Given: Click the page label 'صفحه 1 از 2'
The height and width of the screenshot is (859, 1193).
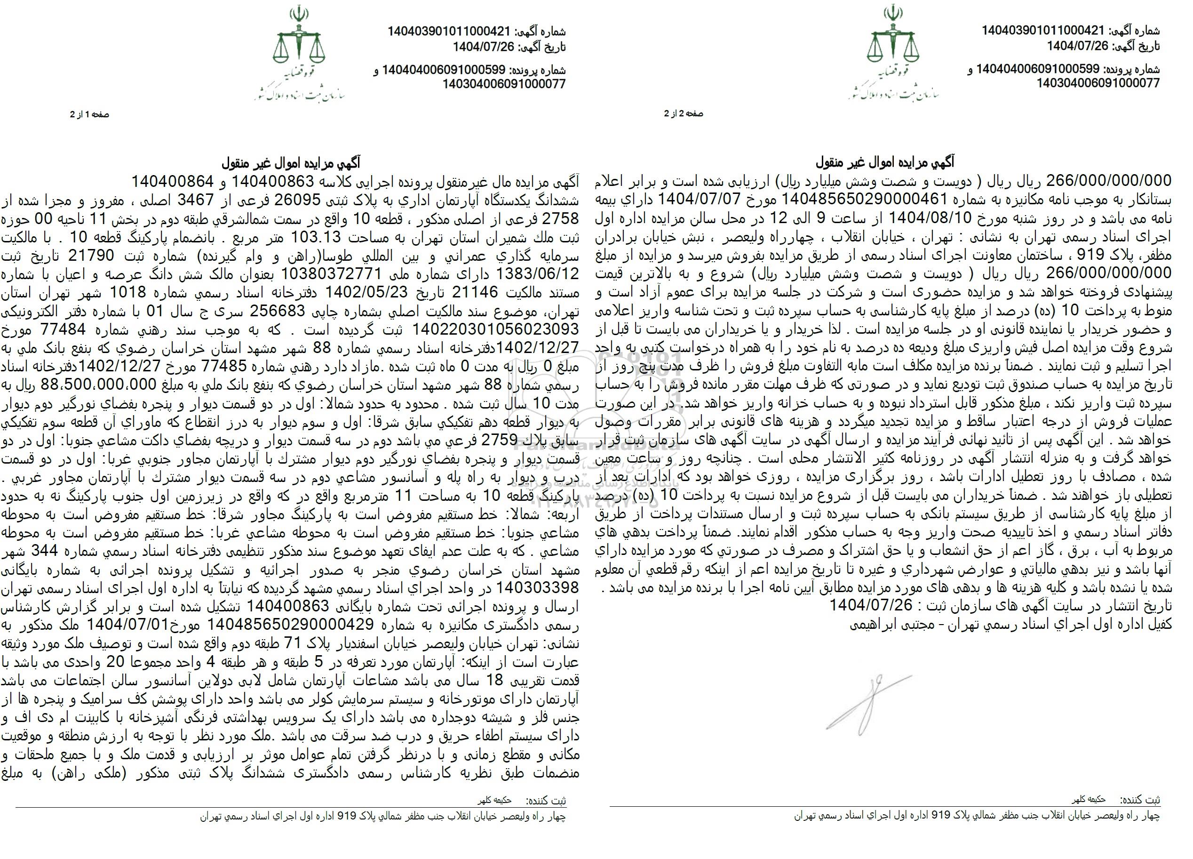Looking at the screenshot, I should click(x=89, y=114).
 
